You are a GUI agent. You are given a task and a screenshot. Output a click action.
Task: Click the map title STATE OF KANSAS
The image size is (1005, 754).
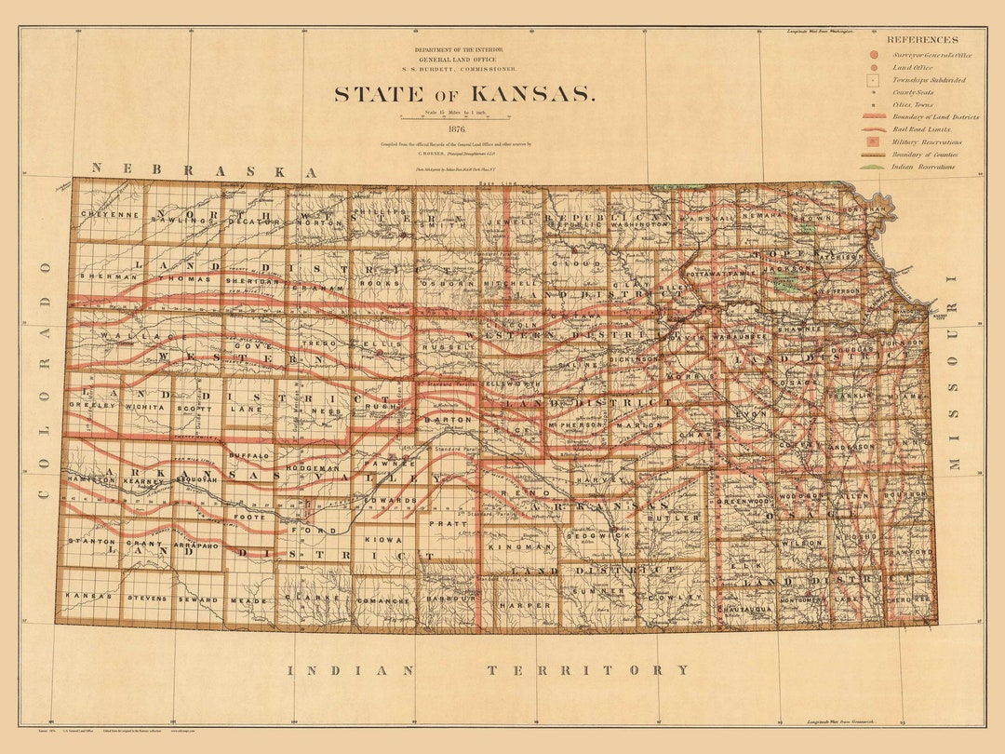coord(462,94)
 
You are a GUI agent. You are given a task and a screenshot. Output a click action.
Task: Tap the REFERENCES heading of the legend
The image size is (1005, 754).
coord(921,40)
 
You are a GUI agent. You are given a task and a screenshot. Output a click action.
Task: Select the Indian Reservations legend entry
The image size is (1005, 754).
coord(921,167)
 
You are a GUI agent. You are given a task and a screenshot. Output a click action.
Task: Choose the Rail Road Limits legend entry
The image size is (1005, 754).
coord(921,130)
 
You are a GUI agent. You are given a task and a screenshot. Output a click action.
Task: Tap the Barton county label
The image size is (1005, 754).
coord(443,420)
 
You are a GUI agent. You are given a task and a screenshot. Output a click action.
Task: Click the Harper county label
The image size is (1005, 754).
coord(525,605)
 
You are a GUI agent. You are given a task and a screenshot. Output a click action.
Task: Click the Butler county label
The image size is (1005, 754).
coord(681,518)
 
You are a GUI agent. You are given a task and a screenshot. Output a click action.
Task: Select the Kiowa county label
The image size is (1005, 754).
coord(382,540)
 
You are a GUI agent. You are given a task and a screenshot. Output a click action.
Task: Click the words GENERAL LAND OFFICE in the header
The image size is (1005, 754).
coord(462,59)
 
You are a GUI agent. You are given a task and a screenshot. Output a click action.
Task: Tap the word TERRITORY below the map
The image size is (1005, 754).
coord(588,670)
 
